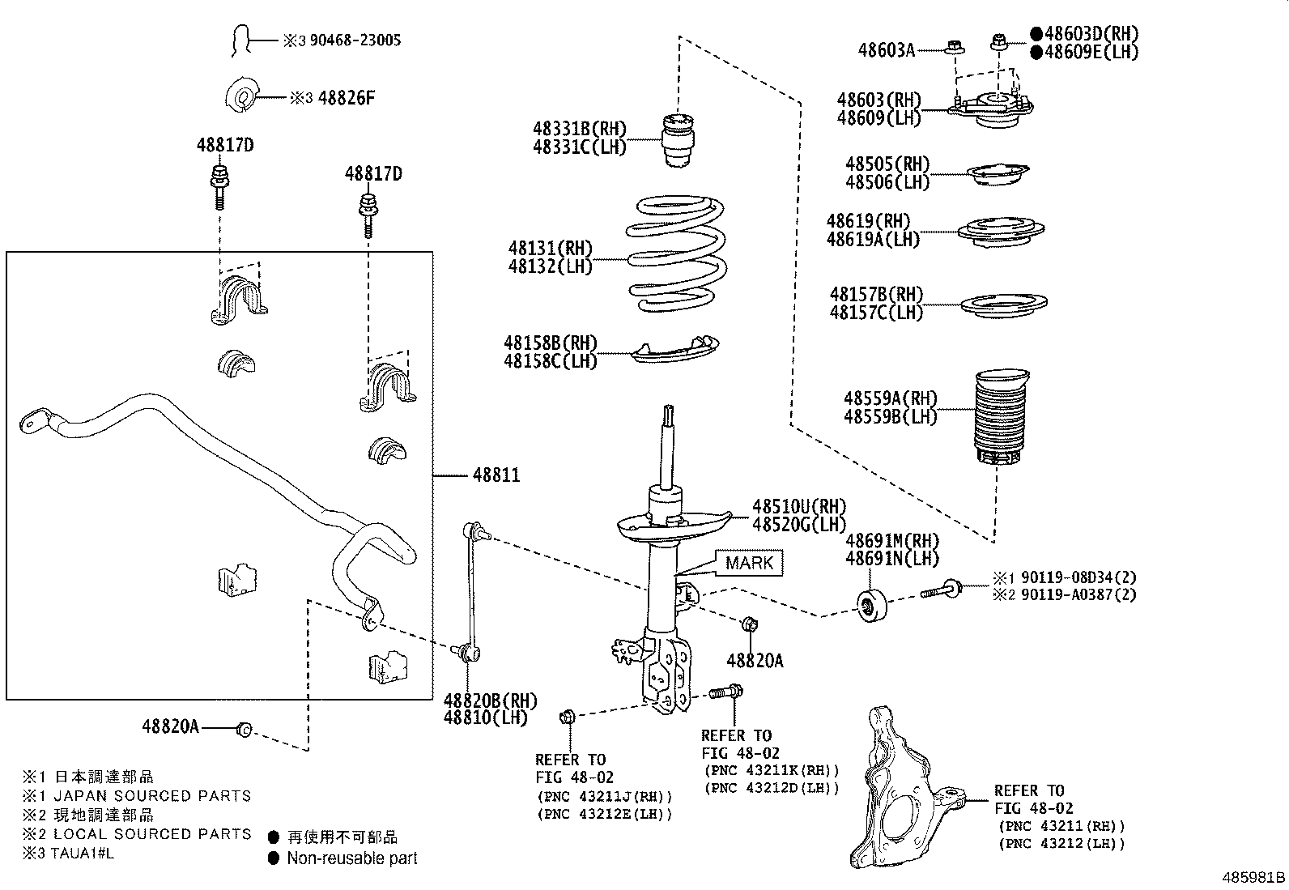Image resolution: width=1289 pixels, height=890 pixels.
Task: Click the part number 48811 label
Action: [496, 475]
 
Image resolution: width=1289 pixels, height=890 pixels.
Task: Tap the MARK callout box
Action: [749, 563]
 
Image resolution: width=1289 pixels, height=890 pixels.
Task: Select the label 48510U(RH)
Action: [798, 505]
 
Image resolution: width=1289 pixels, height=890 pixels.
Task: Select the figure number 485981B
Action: [1253, 877]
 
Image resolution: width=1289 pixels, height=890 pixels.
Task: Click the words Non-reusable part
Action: [352, 858]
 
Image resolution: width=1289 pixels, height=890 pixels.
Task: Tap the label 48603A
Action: [886, 50]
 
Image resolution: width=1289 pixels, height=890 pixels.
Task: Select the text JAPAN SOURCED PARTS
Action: [152, 796]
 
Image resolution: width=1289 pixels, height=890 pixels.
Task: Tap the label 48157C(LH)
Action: [876, 312]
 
